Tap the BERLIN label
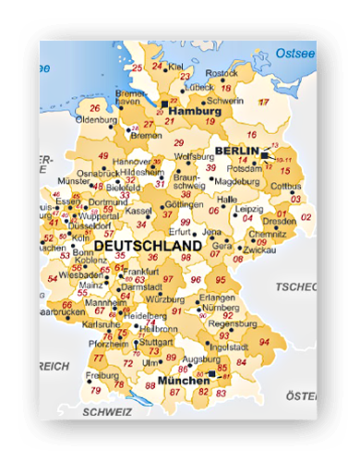point(234,151)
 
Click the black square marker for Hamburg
point(165,103)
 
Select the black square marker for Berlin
point(264,154)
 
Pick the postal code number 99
point(186,223)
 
